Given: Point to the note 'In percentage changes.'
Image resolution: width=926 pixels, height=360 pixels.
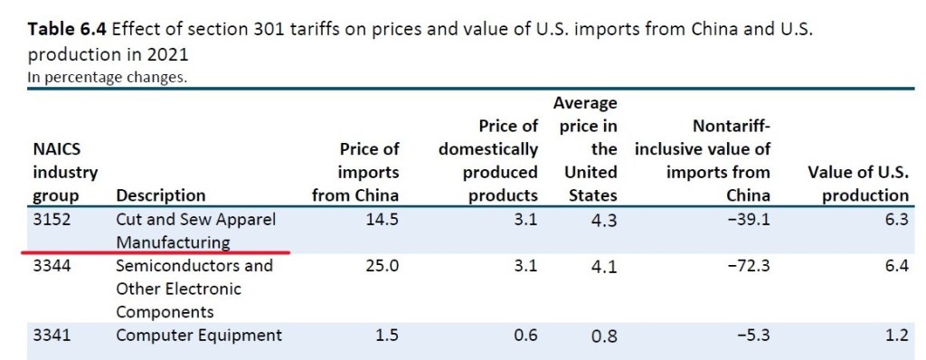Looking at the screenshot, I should (x=108, y=77).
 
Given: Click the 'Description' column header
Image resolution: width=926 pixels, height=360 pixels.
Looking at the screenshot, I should (x=160, y=194).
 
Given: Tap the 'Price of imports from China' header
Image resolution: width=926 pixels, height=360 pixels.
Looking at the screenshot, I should (x=354, y=171).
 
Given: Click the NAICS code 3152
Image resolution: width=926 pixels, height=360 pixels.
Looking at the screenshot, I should (x=50, y=219).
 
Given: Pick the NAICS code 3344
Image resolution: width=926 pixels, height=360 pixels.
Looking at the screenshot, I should (x=50, y=266).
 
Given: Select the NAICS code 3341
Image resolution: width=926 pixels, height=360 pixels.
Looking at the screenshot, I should (x=50, y=336).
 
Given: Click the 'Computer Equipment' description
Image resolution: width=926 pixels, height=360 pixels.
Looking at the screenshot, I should (x=199, y=336).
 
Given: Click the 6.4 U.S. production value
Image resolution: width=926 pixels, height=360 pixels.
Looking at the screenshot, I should (x=896, y=266).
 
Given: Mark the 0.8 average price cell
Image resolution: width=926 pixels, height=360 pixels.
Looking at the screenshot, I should (x=604, y=336).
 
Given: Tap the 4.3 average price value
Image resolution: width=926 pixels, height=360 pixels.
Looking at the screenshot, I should (x=604, y=220).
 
